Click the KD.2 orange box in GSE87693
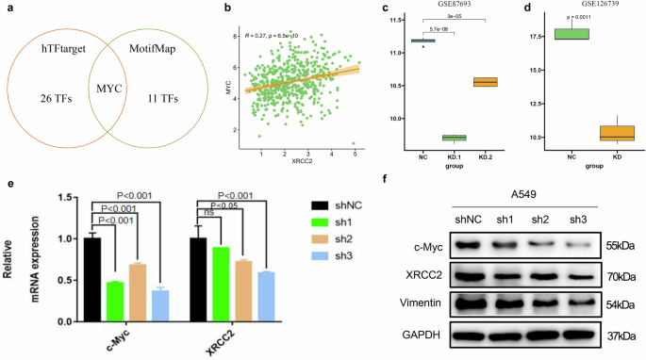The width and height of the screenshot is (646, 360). [x=486, y=82]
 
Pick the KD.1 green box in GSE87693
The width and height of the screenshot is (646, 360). [x=454, y=138]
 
